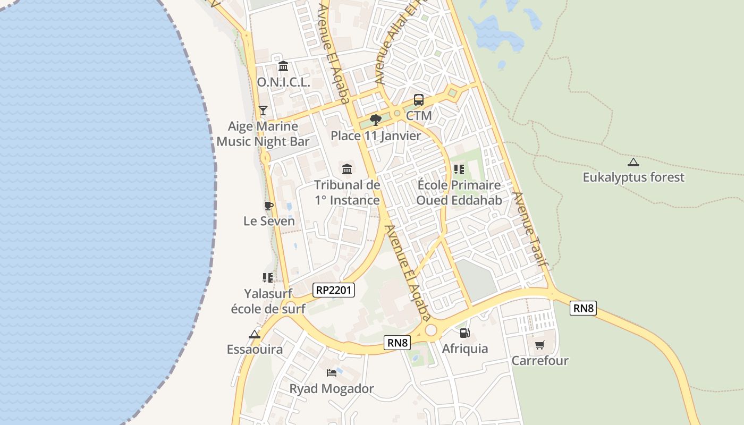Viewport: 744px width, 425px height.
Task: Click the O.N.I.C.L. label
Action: (x=283, y=82)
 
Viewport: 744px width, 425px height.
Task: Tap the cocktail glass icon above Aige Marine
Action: (x=263, y=110)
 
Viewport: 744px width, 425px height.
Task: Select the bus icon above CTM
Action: (x=419, y=100)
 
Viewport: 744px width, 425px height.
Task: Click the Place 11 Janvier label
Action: (x=376, y=136)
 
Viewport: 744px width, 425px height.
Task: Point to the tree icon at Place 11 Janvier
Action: (x=376, y=120)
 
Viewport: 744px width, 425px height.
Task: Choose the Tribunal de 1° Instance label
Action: (x=347, y=192)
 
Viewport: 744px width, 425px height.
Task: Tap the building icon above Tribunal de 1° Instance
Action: (x=347, y=169)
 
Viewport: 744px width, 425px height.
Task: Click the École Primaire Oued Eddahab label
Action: (x=459, y=192)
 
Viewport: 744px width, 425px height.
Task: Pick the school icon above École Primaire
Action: (x=459, y=169)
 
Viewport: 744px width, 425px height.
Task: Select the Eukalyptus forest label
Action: (x=633, y=177)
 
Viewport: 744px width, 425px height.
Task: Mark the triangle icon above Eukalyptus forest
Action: (x=633, y=162)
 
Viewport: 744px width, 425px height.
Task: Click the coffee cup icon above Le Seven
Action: (x=269, y=206)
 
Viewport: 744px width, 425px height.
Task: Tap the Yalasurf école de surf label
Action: (x=268, y=301)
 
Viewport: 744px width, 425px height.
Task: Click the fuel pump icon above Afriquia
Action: (x=464, y=333)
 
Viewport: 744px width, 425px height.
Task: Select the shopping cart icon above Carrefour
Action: (x=540, y=345)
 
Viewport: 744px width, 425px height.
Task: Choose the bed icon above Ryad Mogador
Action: (x=332, y=373)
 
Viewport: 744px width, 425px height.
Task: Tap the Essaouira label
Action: (x=255, y=350)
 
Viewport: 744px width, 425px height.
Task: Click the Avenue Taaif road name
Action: (x=530, y=229)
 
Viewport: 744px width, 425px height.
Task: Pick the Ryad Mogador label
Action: (x=332, y=389)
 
